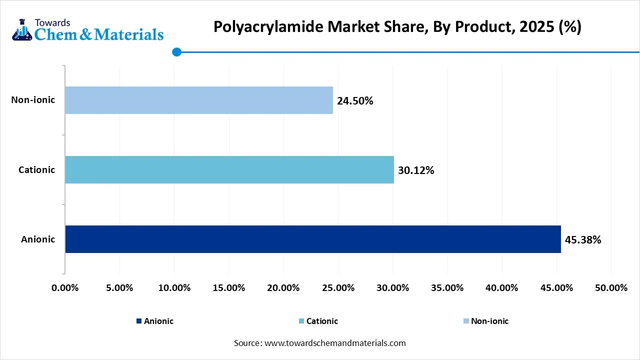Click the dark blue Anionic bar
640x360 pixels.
pos(313,239)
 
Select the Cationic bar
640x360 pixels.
pos(229,169)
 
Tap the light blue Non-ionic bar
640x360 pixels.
pos(199,100)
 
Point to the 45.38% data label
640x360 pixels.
pos(583,240)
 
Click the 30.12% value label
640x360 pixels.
pos(416,170)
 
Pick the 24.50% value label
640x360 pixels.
pos(355,101)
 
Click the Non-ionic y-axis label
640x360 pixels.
pos(33,100)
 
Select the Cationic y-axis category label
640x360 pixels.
pos(36,169)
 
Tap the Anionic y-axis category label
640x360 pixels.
pos(38,239)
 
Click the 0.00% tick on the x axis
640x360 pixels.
pos(65,288)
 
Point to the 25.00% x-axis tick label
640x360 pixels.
pos(338,288)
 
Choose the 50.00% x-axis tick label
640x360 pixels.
pos(611,288)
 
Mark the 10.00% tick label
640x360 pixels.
pos(174,288)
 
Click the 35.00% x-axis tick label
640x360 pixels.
pos(447,288)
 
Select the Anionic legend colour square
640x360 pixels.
pos(138,321)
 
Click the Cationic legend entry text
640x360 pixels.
pos(322,321)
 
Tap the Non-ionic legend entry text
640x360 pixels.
pos(489,321)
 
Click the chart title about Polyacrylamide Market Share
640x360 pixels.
pos(397,26)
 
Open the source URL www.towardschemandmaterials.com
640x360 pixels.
pos(334,343)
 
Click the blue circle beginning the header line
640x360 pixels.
pos(176,52)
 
